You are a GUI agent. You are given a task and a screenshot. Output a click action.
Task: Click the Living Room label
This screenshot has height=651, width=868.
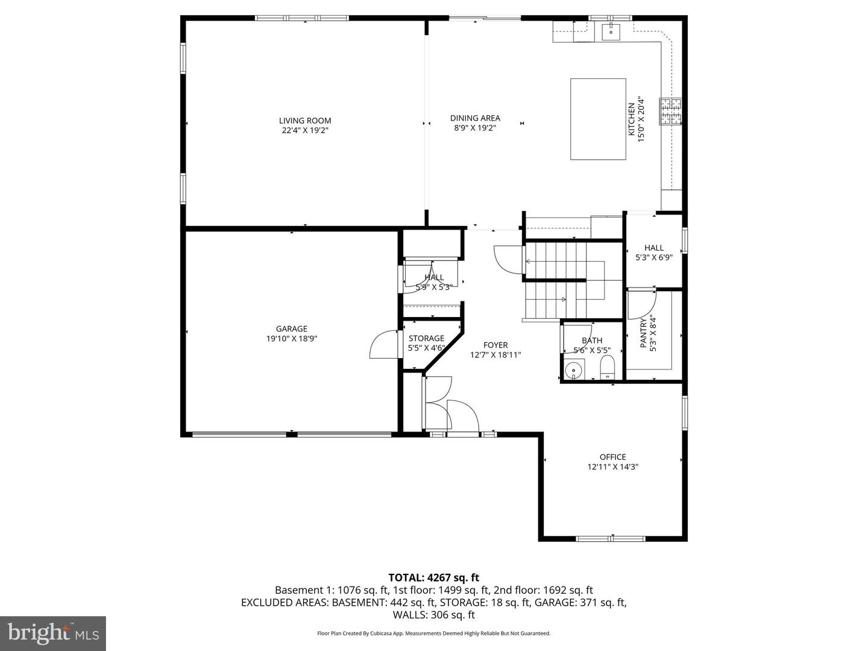pyautogui.click(x=305, y=121)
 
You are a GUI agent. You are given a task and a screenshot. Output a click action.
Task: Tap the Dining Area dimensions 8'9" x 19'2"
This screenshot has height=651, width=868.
pyautogui.click(x=475, y=128)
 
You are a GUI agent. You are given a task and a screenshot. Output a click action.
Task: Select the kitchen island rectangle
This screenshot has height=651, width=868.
pyautogui.click(x=598, y=119)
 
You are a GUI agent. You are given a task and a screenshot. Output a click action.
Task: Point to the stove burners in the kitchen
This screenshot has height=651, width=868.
pyautogui.click(x=671, y=112)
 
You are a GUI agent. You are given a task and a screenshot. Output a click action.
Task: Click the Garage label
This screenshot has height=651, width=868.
pyautogui.click(x=292, y=329)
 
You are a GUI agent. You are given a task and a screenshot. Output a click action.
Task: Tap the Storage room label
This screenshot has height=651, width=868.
pyautogui.click(x=426, y=338)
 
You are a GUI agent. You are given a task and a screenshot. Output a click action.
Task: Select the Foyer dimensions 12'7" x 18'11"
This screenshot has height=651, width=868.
pyautogui.click(x=495, y=355)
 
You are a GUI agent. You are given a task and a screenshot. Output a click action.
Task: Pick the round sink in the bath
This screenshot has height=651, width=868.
pyautogui.click(x=574, y=368)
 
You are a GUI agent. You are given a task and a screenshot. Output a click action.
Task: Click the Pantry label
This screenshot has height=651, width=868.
pyautogui.click(x=643, y=333)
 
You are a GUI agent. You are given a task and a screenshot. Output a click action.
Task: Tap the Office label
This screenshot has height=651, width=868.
pyautogui.click(x=612, y=457)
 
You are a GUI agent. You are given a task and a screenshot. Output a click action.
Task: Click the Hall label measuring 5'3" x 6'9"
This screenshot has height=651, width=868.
pyautogui.click(x=654, y=248)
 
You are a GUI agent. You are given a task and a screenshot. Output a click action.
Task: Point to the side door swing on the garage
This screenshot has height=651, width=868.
pyautogui.click(x=383, y=345)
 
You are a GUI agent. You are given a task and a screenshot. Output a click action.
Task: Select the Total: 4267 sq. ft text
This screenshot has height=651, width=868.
pyautogui.click(x=433, y=578)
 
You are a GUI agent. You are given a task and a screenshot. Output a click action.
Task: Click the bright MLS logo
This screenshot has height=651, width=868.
pyautogui.click(x=52, y=633)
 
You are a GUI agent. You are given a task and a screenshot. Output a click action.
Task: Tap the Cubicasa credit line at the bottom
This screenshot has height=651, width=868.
pyautogui.click(x=433, y=634)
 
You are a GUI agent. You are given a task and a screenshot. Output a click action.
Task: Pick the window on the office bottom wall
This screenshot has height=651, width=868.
pyautogui.click(x=612, y=538)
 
